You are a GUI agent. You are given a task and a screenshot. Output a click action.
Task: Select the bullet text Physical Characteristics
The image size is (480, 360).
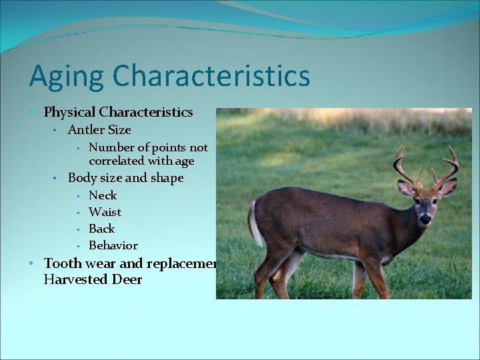point(118,112)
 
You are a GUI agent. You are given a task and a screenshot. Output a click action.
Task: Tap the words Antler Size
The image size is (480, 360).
point(99,130)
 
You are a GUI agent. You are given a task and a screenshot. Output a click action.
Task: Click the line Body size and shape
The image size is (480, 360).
point(125,178)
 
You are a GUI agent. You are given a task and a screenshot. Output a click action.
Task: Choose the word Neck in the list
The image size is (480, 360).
point(103,195)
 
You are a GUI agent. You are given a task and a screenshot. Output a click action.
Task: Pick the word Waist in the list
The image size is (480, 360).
point(105,212)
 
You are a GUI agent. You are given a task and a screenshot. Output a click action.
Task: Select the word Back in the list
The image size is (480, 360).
point(102,229)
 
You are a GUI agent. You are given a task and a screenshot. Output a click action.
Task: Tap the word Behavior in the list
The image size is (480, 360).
point(113,245)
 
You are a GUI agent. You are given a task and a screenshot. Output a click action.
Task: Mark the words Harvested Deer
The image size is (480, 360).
point(93,279)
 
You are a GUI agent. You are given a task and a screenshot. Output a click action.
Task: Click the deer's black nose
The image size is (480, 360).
point(425,219)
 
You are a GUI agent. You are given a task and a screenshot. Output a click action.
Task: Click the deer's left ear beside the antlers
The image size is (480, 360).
point(405,189)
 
